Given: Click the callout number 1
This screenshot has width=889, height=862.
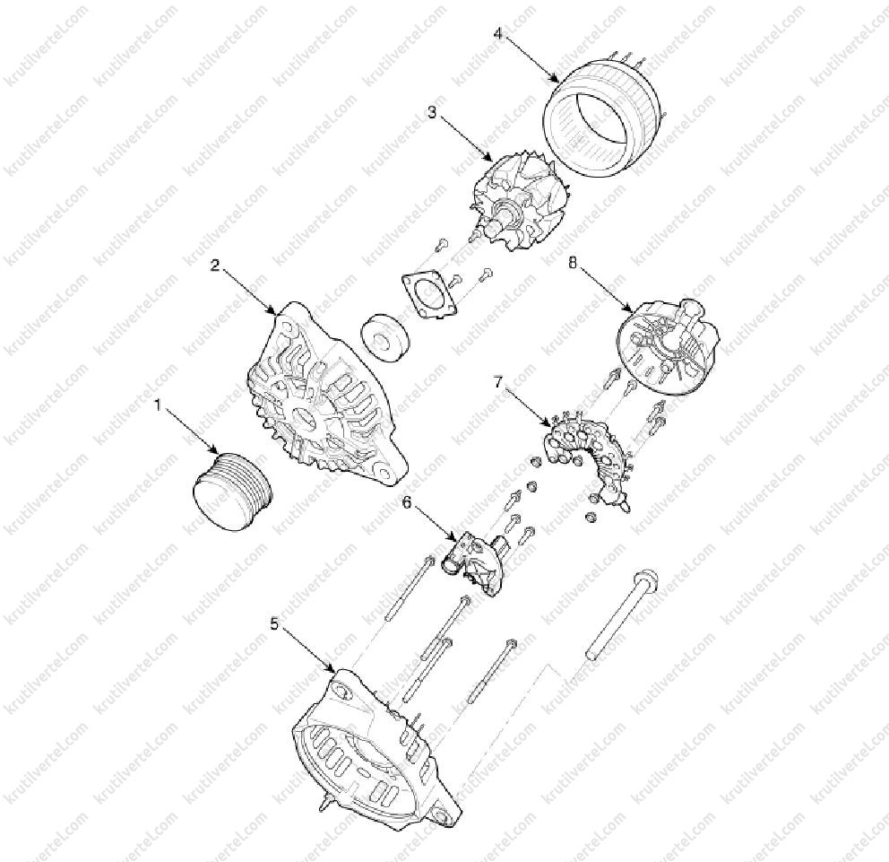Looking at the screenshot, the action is [x=160, y=405].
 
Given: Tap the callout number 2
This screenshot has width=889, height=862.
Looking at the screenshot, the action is [x=215, y=265].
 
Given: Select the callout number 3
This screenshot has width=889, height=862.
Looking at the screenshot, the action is [x=432, y=112].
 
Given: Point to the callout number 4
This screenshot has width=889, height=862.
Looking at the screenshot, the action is [x=497, y=33].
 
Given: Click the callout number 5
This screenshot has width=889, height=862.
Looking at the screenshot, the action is [x=275, y=624].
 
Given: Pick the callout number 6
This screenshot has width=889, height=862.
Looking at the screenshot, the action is [x=407, y=501].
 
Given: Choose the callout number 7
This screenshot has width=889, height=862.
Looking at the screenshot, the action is [x=497, y=382].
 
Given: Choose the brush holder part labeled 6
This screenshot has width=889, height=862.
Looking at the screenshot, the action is [x=475, y=563].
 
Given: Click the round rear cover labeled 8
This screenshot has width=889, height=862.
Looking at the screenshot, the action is [x=668, y=349].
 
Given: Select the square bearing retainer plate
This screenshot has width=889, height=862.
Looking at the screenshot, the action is [x=429, y=294].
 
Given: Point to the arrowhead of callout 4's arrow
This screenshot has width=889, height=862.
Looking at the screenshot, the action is [x=559, y=83].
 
